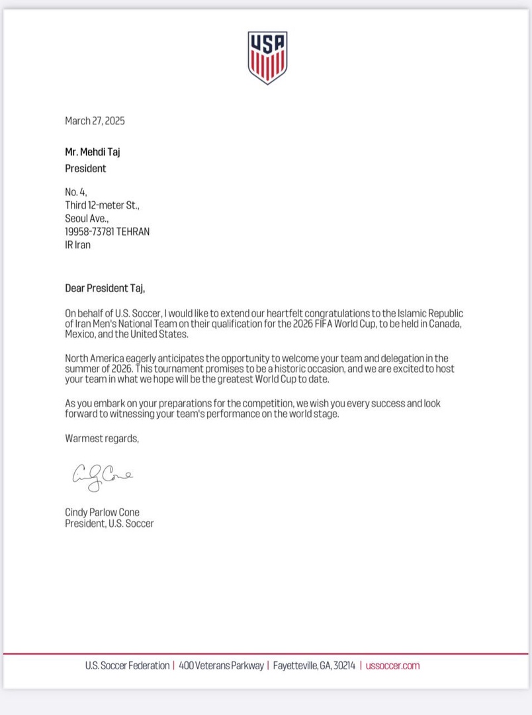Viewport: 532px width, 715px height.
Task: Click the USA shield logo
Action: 267,58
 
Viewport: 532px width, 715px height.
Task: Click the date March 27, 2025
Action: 95,121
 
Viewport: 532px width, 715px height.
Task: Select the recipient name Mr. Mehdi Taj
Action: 93,152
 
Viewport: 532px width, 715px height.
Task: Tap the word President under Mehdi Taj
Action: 85,168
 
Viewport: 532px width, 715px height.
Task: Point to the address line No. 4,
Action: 76,193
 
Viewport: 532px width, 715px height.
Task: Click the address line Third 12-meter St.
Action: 102,205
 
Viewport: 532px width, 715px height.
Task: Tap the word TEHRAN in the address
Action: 134,232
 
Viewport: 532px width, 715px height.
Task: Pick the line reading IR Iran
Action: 78,244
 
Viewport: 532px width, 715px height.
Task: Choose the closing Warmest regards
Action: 102,438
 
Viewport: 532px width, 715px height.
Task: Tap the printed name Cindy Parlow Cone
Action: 102,512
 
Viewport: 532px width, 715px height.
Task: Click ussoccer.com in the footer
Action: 392,665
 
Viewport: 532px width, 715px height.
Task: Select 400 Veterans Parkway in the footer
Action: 221,665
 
